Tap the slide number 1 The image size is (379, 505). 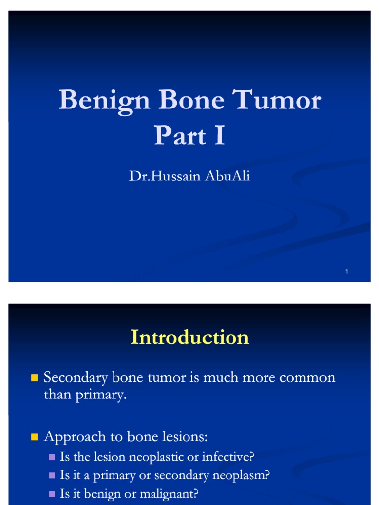click(347, 272)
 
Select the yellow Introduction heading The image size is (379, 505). click(189, 337)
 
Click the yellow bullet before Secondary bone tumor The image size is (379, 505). click(34, 378)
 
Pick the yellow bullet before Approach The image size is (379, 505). click(34, 437)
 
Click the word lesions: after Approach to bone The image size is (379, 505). click(185, 437)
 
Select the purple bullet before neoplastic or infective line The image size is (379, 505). click(52, 458)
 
